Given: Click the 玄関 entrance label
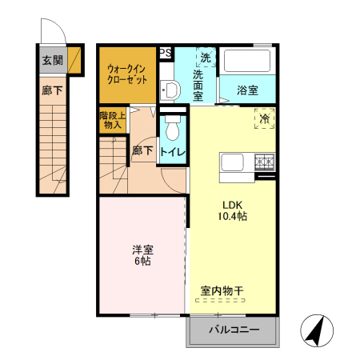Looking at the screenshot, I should [x=52, y=60].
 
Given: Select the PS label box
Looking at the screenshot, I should [x=166, y=53].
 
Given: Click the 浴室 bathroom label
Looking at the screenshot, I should [x=247, y=90].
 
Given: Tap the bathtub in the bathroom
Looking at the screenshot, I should [x=247, y=62].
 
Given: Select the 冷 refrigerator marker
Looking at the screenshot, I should [x=264, y=118].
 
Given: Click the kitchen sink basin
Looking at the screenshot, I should [x=233, y=163].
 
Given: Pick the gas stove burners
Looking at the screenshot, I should [x=264, y=163].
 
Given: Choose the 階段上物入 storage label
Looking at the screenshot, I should [x=111, y=120].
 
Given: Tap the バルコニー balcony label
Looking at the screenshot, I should [x=234, y=330].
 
